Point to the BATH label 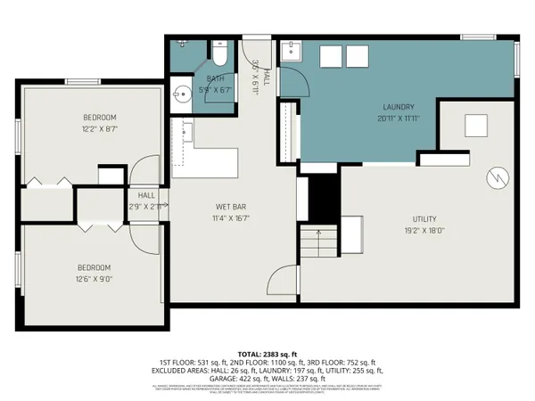217,78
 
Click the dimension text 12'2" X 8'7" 100,129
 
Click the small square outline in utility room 475,125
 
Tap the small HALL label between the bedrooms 145,195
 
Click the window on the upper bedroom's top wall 80,82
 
